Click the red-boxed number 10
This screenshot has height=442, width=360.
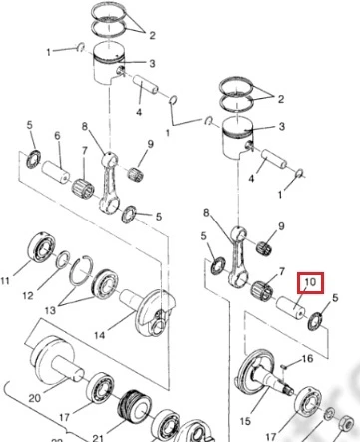coord(310,282)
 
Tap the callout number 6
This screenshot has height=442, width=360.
coord(57,135)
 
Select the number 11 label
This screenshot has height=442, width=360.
coord(5,281)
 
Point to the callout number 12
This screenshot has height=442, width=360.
coord(28,295)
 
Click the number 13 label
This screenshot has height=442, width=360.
coord(50,310)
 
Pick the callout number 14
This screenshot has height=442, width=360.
coord(99,335)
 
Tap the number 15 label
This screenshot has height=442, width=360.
coord(245,421)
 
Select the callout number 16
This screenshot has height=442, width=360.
coord(307,358)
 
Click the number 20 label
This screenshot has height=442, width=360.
coord(35,398)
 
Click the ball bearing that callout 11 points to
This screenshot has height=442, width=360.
coord(41,247)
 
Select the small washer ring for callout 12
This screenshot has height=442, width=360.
coord(63,259)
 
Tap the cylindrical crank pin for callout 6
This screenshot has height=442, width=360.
coord(56,172)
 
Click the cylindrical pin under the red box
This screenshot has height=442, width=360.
coord(290,307)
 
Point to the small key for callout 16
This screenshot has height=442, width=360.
coord(282,367)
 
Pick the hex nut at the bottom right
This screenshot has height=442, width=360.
coord(346,422)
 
